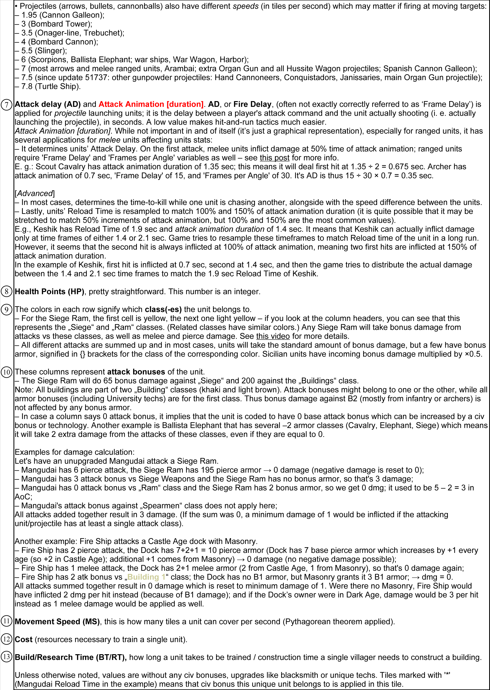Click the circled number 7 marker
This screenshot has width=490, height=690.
[x=7, y=105]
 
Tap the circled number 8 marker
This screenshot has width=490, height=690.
[x=7, y=292]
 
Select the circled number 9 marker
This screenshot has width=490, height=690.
[x=7, y=310]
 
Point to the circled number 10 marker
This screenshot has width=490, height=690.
[x=7, y=372]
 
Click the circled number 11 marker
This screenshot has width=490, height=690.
[x=7, y=622]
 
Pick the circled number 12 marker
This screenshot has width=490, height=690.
[x=7, y=639]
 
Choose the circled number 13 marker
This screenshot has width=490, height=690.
[x=7, y=657]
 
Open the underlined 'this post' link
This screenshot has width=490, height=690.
[x=274, y=158]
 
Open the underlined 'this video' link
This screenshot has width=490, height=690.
[x=273, y=336]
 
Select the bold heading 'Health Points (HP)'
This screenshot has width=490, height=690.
[x=49, y=292]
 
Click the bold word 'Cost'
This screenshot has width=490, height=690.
[x=24, y=639]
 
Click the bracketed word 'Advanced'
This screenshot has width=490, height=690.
[x=35, y=193]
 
